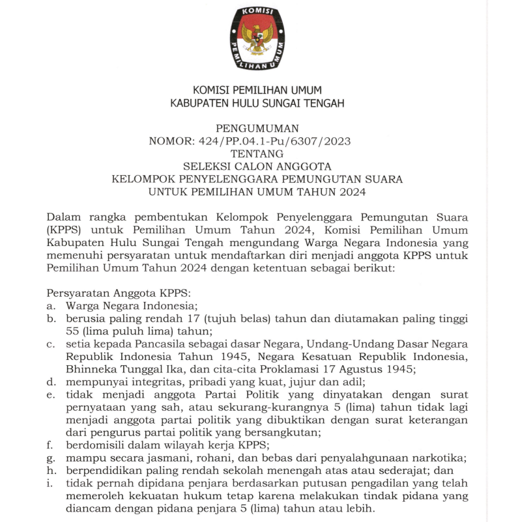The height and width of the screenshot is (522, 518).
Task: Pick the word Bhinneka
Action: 89,369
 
